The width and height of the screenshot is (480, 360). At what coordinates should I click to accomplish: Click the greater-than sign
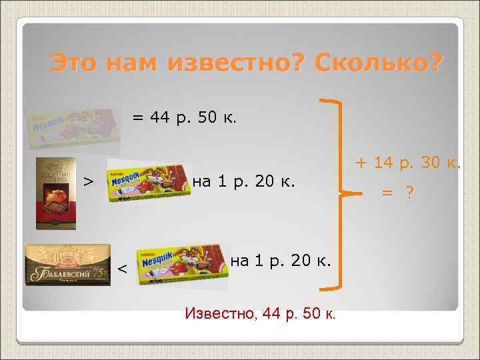pyautogui.click(x=87, y=181)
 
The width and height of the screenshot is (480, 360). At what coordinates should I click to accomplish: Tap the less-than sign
pyautogui.click(x=123, y=268)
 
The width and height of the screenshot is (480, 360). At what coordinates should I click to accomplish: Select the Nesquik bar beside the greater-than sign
pyautogui.click(x=147, y=181)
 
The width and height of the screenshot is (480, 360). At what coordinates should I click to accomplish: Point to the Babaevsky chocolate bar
pyautogui.click(x=67, y=265)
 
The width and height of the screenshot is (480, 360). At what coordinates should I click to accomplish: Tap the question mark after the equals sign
pyautogui.click(x=409, y=192)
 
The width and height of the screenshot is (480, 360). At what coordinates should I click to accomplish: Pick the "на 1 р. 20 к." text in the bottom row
pyautogui.click(x=280, y=261)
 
